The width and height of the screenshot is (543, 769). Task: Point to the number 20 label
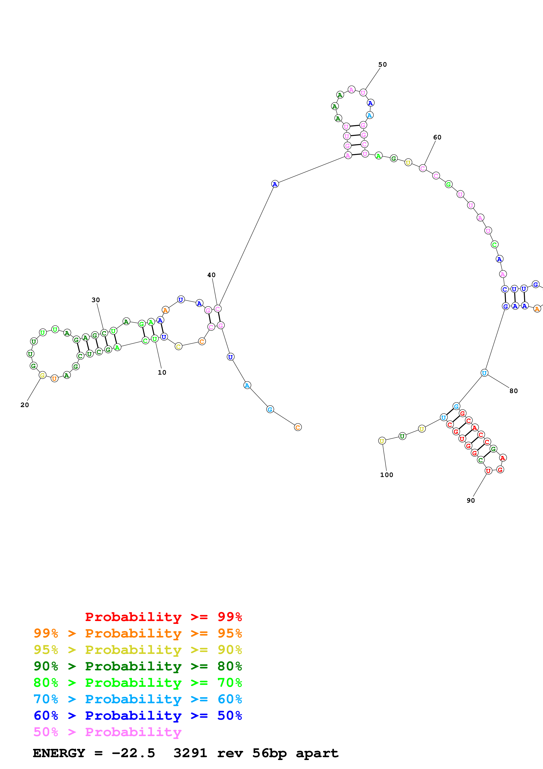25,405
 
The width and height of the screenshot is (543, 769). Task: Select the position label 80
514,391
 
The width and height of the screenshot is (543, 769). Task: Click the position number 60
437,137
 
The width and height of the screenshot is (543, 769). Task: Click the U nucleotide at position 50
363,93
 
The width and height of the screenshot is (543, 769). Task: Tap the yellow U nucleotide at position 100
382,441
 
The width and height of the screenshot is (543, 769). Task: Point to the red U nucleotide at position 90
488,471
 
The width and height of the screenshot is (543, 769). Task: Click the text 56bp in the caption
269,753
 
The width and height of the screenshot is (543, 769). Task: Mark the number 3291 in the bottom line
190,753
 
